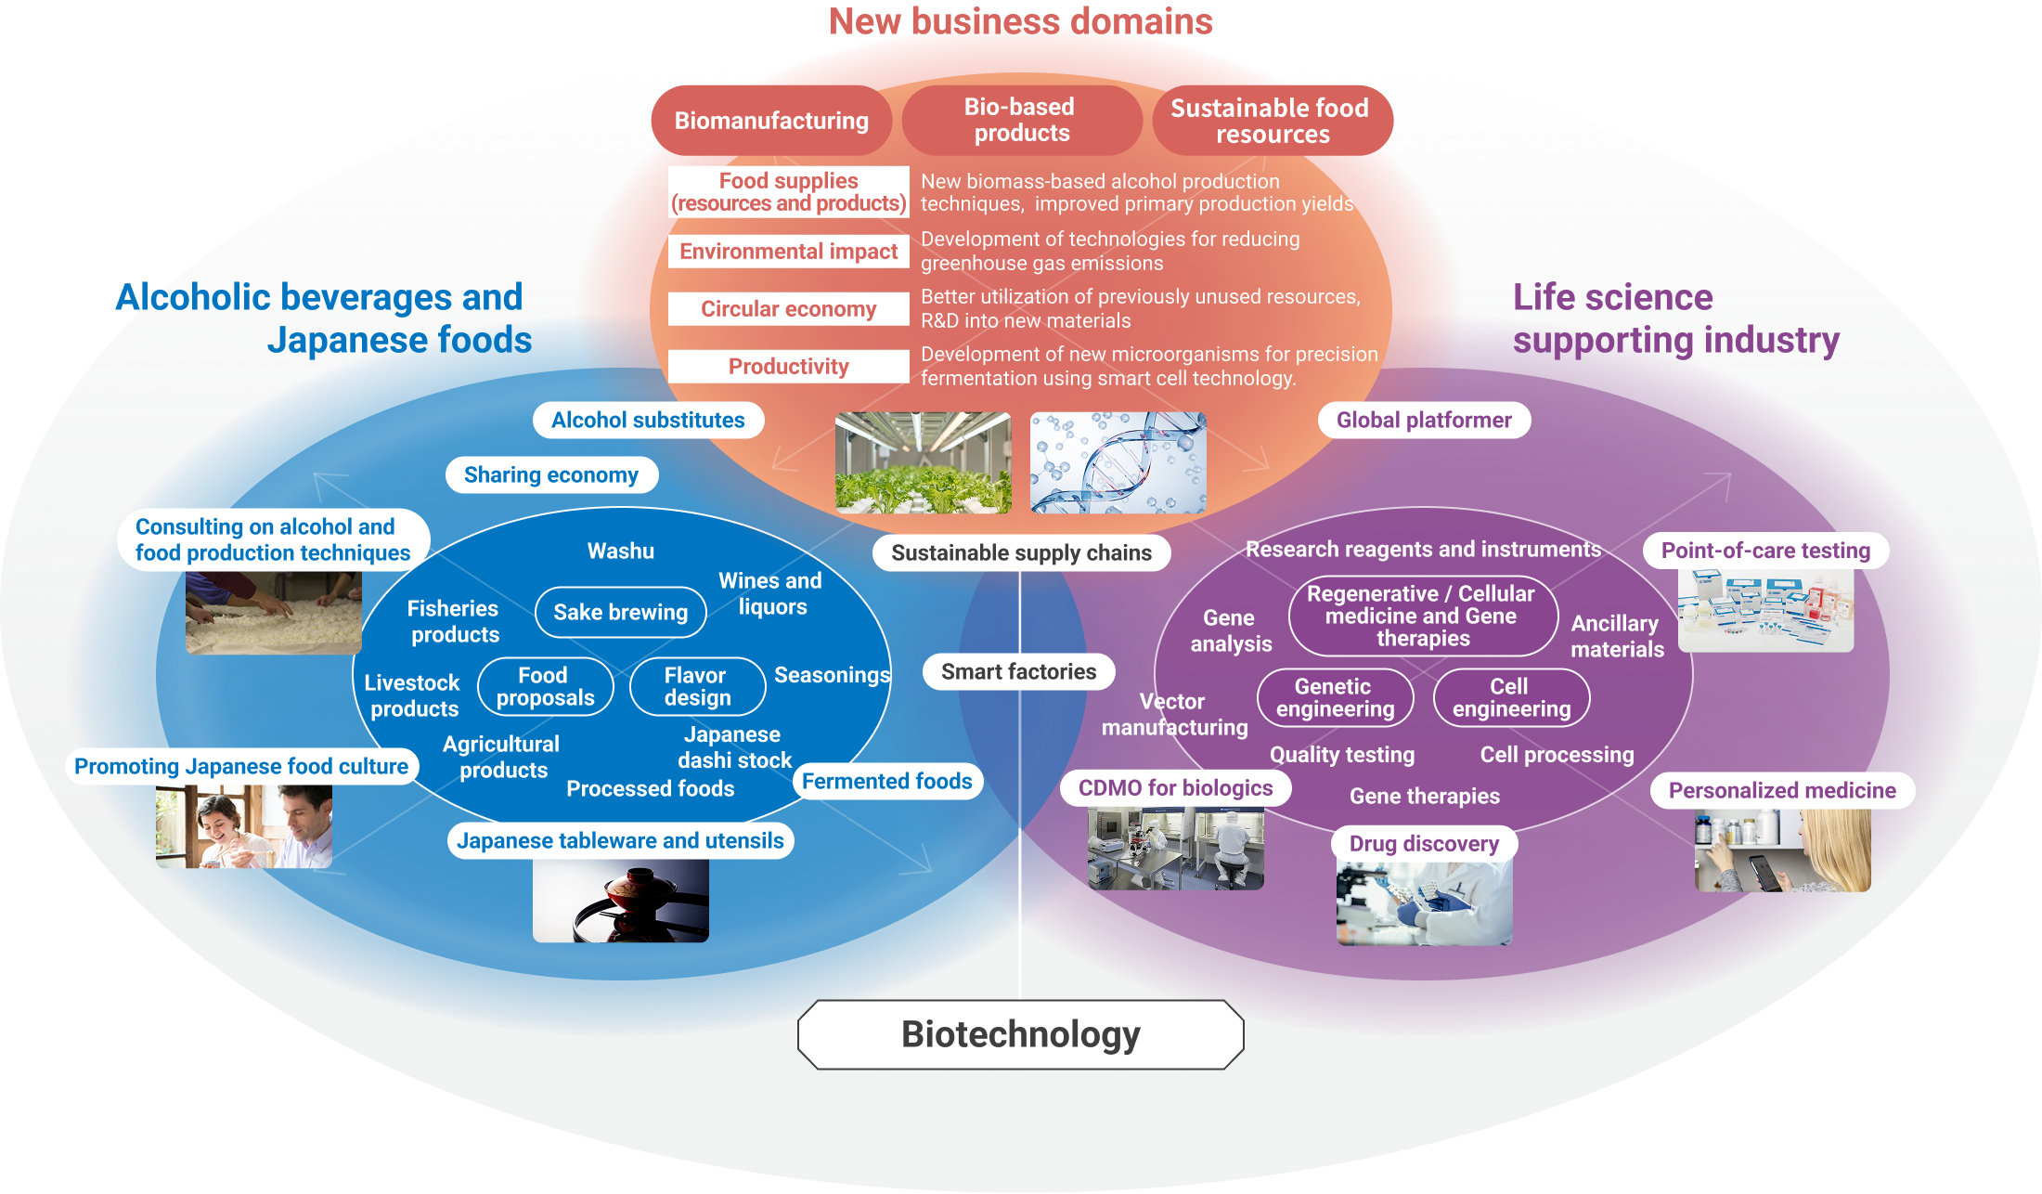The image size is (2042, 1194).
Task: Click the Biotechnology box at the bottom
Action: pos(1020,1034)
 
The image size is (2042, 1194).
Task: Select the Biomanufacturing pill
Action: pos(771,121)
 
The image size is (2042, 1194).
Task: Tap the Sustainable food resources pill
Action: pos(1272,121)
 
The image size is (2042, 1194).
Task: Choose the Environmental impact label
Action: pos(788,252)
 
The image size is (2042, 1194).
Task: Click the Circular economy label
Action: pos(788,309)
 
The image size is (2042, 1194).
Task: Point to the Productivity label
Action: pos(788,367)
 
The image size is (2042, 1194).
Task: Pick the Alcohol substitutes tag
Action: pos(648,421)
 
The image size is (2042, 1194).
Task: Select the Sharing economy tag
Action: pos(551,475)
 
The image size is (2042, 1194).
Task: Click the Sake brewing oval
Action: pos(621,613)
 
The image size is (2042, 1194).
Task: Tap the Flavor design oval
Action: pos(697,687)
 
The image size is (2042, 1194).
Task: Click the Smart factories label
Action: pos(1018,672)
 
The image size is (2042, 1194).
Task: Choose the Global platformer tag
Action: pos(1424,421)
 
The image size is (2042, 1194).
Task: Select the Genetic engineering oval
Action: pos(1335,698)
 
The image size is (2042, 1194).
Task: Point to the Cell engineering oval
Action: pos(1511,698)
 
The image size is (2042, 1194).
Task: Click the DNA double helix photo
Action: pos(1118,463)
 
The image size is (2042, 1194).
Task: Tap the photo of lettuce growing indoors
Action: pos(923,463)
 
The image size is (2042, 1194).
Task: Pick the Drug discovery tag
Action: pos(1424,844)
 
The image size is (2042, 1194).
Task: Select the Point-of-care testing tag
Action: pos(1765,551)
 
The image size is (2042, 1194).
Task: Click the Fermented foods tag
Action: pos(886,782)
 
